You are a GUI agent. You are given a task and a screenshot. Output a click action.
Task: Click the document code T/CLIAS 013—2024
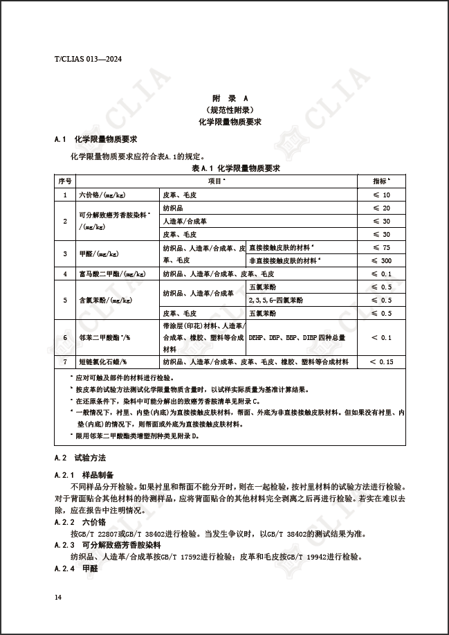click(x=87, y=59)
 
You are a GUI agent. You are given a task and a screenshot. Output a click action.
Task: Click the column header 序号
click(x=65, y=181)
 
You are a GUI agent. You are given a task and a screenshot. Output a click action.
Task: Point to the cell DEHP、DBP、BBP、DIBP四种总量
click(x=297, y=337)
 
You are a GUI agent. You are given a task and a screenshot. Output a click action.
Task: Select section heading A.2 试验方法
click(x=80, y=458)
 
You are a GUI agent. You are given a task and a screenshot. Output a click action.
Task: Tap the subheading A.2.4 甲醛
click(x=78, y=568)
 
